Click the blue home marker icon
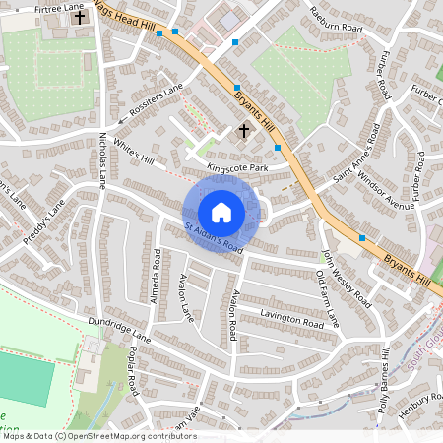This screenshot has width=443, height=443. [221, 213]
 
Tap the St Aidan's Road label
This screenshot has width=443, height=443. [214, 237]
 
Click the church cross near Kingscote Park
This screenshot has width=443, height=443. [244, 129]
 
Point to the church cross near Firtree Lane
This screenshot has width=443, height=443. [80, 18]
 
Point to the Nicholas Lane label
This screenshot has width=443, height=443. [102, 161]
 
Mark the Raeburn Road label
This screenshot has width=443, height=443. [336, 17]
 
